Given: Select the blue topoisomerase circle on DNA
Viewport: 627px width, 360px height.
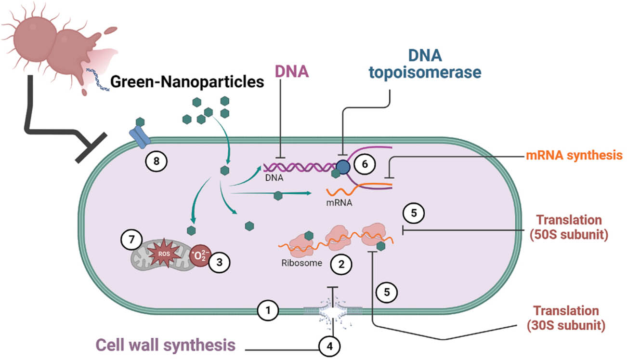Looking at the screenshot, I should coord(343,167).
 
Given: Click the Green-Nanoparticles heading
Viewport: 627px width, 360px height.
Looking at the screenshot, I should coord(188,82).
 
